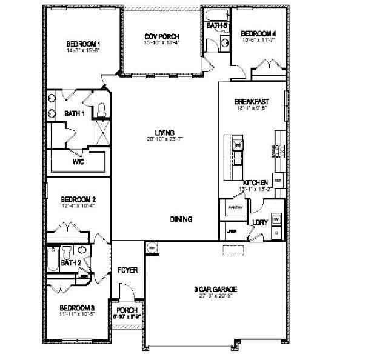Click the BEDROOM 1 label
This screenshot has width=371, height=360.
tap(83, 44)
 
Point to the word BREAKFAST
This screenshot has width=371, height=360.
tap(252, 101)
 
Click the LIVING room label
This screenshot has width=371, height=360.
tap(165, 132)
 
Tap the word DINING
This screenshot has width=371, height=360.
tap(181, 219)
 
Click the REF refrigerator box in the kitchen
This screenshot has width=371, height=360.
tap(278, 181)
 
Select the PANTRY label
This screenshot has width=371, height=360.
tap(235, 207)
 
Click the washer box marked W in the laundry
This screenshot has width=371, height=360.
tap(276, 219)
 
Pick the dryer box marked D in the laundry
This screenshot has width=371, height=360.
tap(276, 232)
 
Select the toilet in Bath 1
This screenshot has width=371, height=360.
tap(102, 109)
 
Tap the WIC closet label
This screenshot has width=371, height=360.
tap(78, 162)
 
